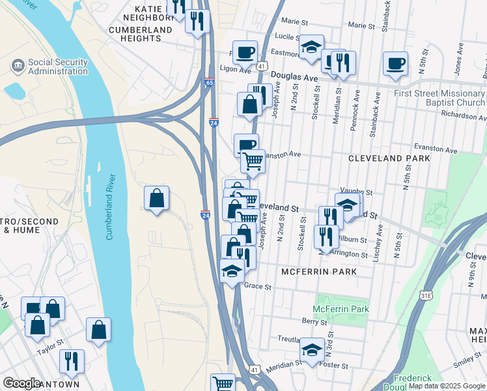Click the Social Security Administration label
[57, 66]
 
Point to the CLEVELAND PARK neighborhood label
[389, 158]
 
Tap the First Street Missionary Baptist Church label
[439, 98]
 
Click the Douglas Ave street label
[294, 77]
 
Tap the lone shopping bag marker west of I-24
[157, 199]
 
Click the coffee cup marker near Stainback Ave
[395, 64]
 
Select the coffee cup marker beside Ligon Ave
[245, 52]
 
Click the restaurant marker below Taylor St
[72, 361]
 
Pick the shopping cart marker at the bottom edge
[223, 384]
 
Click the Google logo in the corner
[22, 383]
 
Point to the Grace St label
[257, 286]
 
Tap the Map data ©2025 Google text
[447, 386]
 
